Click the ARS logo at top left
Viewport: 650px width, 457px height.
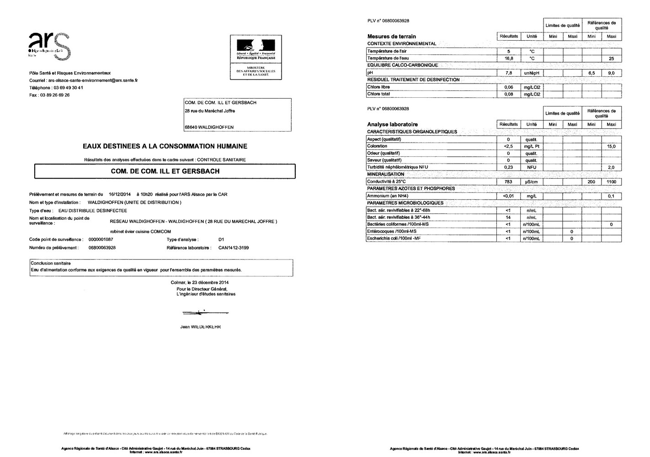[49, 46]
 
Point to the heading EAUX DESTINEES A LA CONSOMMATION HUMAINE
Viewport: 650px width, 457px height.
[165, 146]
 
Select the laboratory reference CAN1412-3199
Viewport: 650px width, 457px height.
[234, 248]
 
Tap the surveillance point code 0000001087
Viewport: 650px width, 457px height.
[101, 239]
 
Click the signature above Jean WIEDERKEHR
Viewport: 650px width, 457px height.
[205, 313]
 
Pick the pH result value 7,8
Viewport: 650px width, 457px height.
[508, 73]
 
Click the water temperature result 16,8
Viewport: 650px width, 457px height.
[508, 58]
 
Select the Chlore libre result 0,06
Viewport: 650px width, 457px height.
[508, 87]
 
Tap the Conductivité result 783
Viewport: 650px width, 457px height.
[508, 182]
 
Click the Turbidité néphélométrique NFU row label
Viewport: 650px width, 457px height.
[398, 167]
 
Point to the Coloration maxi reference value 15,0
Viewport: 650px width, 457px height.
[611, 146]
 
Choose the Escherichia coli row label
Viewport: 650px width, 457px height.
[394, 239]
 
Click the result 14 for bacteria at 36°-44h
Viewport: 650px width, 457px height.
[508, 218]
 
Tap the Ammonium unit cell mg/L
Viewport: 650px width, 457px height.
[531, 196]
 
